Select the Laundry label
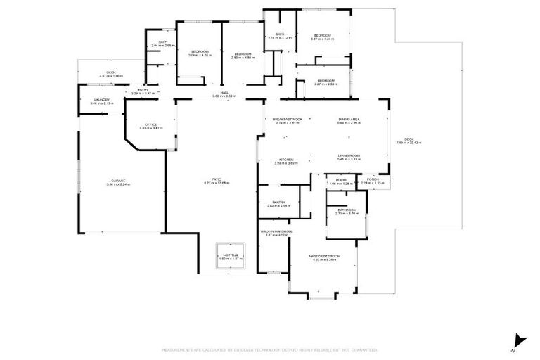click(x=102, y=100)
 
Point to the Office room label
click(x=150, y=124)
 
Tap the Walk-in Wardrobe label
click(x=276, y=231)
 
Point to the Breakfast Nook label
click(x=288, y=120)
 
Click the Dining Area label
click(x=349, y=120)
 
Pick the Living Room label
click(x=349, y=155)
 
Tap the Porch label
click(x=373, y=179)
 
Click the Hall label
click(x=224, y=93)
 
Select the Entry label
click(x=143, y=89)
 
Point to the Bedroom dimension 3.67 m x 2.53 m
click(x=325, y=84)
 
